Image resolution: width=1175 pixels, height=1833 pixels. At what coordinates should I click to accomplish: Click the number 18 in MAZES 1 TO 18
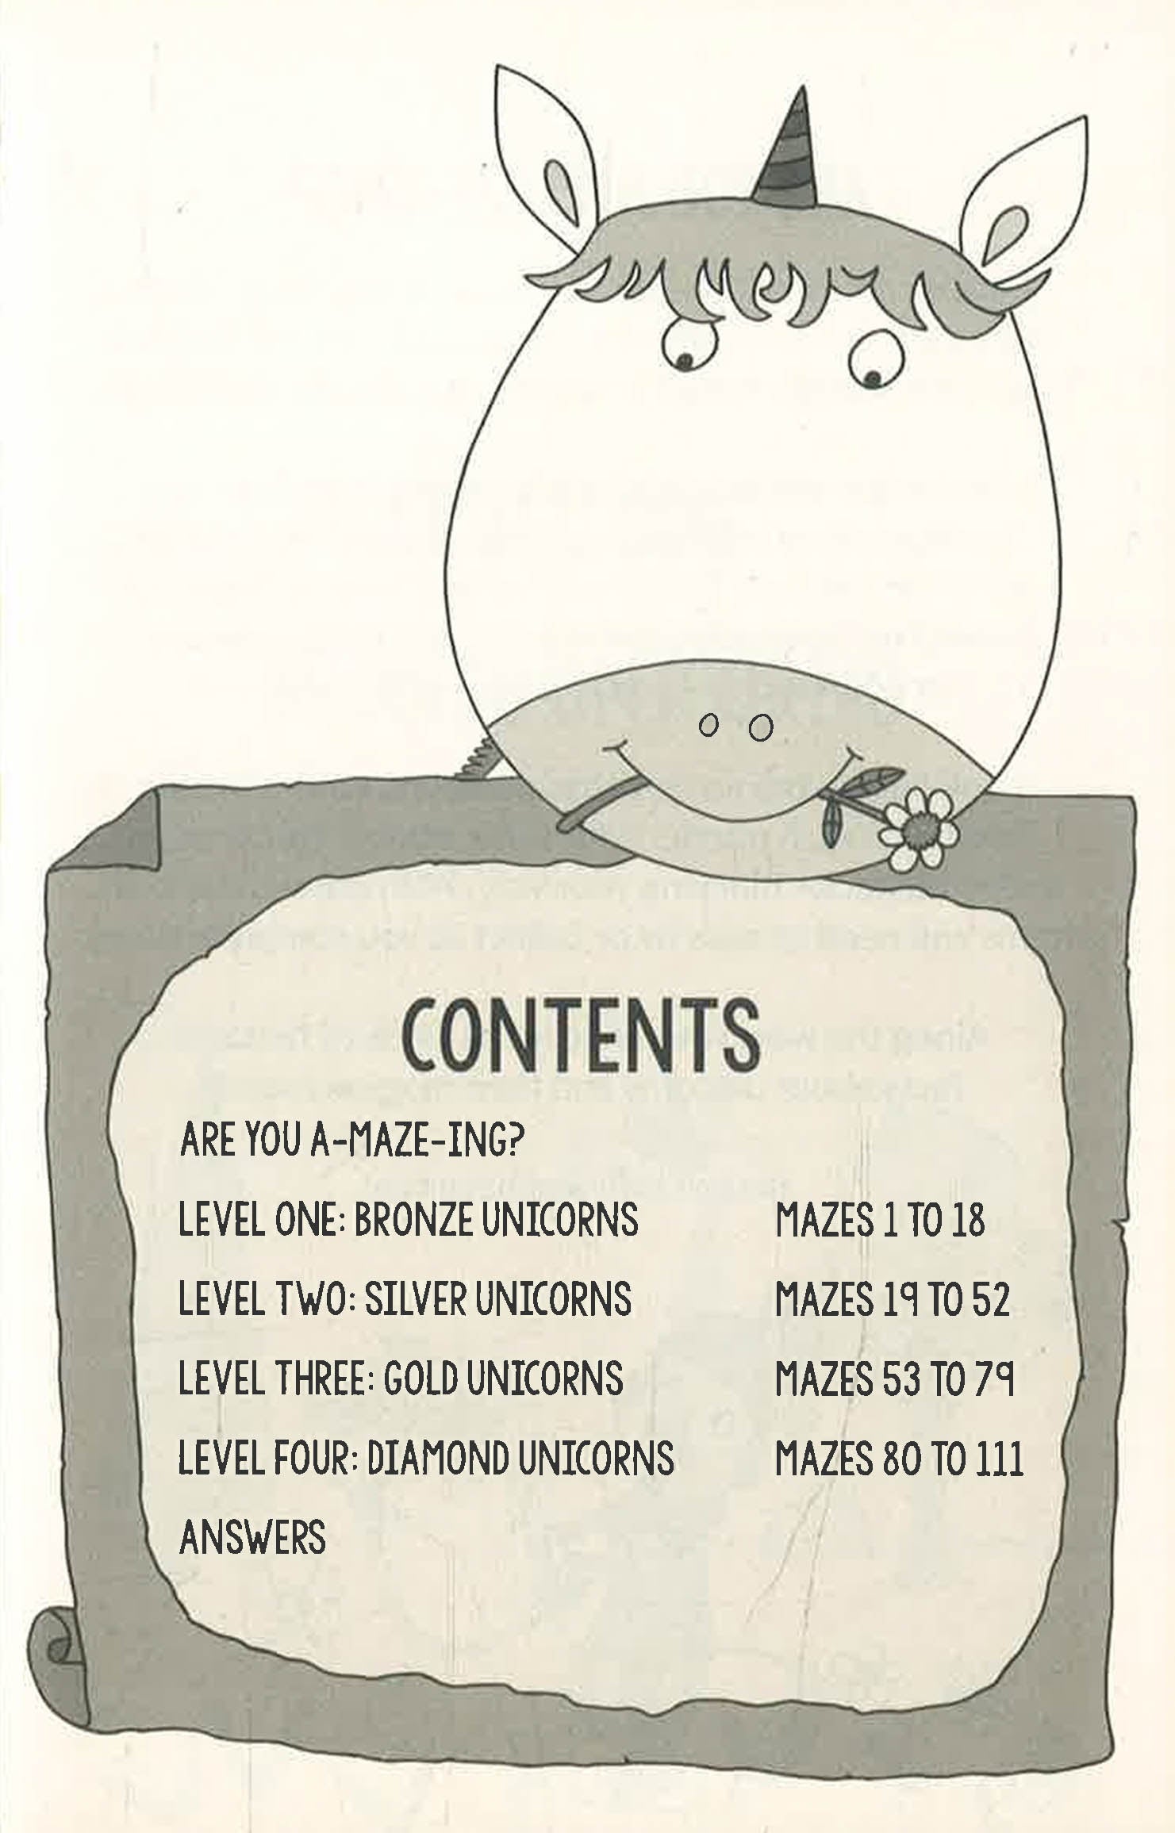965,1220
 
